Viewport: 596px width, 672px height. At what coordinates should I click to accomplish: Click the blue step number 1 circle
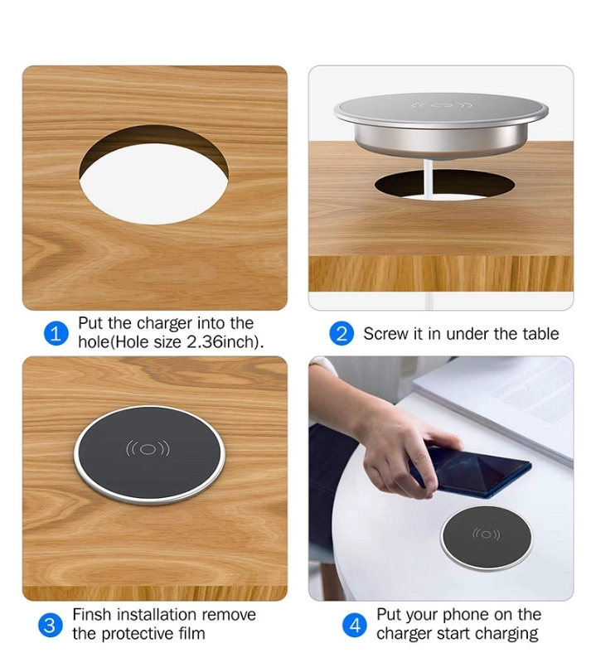[56, 333]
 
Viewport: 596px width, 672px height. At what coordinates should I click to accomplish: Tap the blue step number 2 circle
[342, 334]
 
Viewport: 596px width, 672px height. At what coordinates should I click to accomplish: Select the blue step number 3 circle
[50, 626]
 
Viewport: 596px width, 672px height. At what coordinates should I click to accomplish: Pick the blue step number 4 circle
[355, 626]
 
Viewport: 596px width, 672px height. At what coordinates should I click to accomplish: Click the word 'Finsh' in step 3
[93, 615]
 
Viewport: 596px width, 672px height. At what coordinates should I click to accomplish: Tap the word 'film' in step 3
[191, 633]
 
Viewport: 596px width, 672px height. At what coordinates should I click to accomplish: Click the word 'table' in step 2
[540, 334]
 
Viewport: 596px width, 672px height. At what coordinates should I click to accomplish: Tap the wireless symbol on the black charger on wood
[148, 449]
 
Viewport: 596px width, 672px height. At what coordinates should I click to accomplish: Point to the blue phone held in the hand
[470, 472]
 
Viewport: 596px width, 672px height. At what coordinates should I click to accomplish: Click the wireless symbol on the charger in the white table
[486, 534]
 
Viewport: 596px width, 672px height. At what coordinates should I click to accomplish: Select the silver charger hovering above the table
[441, 124]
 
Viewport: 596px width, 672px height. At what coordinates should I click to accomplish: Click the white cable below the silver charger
[429, 179]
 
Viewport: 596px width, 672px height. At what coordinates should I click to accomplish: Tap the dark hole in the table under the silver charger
[444, 185]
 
